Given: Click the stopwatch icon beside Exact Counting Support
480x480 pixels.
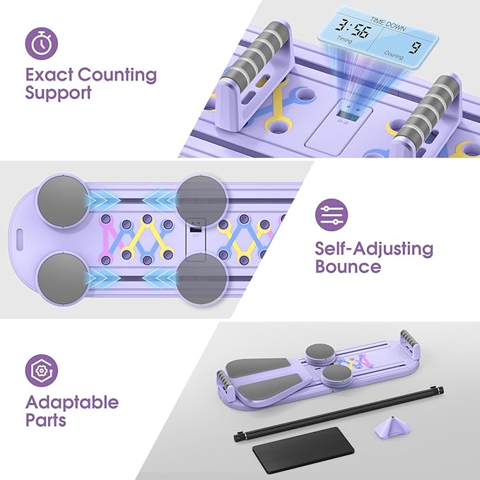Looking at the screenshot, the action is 41,43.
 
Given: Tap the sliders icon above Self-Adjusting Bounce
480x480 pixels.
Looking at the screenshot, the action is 332,215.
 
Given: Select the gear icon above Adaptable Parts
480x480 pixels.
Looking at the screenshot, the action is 41,370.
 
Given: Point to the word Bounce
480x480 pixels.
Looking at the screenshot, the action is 348,267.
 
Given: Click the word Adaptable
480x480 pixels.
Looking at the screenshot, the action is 72,402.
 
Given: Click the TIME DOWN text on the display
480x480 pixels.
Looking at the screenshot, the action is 388,24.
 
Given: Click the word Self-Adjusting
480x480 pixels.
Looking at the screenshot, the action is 374,250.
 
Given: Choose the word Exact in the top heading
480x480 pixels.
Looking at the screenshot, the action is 49,75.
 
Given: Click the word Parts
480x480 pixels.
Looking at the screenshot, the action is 46,420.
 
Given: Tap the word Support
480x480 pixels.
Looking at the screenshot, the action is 58,93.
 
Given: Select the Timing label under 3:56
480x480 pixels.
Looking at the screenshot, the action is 345,40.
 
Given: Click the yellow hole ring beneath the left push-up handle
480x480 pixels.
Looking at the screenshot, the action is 276,125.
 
